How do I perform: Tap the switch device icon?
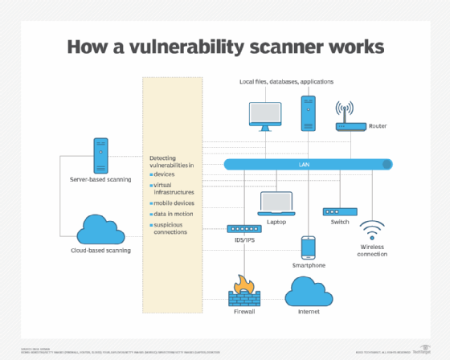coord(340,211)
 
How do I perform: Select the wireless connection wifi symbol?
coord(371,231)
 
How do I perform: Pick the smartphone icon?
coord(308,247)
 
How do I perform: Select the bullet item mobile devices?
coord(174,203)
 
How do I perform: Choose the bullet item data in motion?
coord(173,215)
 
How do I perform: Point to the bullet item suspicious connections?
coord(171,228)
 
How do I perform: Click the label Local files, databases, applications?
coord(286,82)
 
